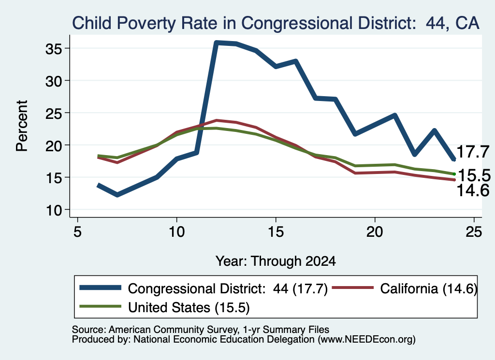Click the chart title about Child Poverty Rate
[x=276, y=23]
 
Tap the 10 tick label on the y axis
[x=53, y=210]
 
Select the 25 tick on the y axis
[x=53, y=113]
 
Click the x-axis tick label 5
[x=77, y=232]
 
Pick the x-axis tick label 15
[x=276, y=232]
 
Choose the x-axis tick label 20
[x=375, y=232]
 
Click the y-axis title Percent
[x=22, y=126]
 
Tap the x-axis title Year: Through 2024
[x=276, y=261]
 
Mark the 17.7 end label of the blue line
[x=473, y=152]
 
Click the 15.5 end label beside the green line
[x=474, y=175]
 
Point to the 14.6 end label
[x=473, y=190]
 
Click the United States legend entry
[x=164, y=307]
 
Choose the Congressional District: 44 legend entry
[x=204, y=288]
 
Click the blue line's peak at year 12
[x=217, y=43]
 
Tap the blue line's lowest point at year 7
[x=117, y=195]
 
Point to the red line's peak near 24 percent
[x=217, y=120]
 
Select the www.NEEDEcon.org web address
[x=366, y=339]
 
